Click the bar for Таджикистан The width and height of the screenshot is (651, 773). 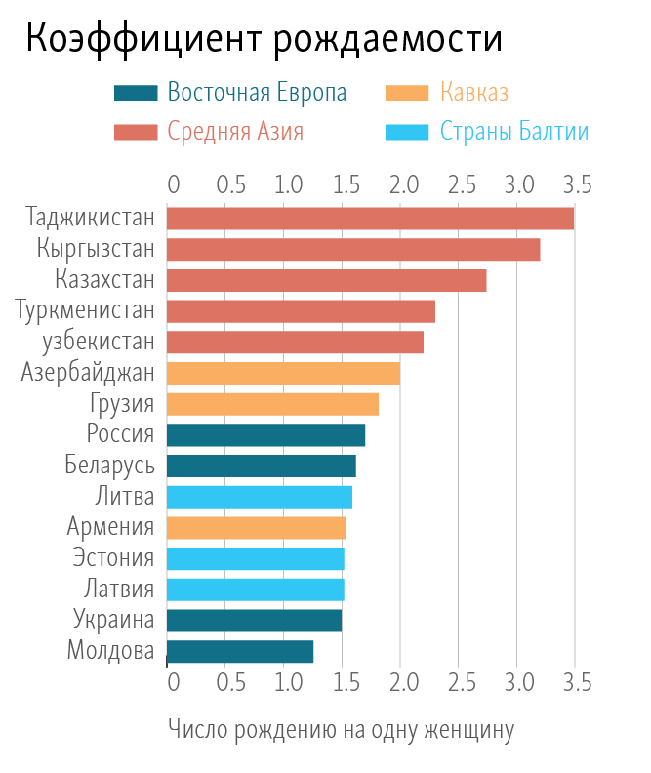(371, 219)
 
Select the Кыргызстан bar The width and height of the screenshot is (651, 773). (353, 250)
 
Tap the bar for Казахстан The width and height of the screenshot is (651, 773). (327, 281)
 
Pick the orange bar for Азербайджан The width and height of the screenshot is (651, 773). (283, 373)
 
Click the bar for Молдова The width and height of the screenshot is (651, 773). (240, 651)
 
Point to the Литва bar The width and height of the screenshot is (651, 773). (260, 497)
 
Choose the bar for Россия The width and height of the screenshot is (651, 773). (266, 434)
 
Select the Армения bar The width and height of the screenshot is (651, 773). (256, 528)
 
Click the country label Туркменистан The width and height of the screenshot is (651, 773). (86, 311)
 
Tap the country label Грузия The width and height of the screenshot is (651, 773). (121, 404)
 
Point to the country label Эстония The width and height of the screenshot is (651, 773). (113, 558)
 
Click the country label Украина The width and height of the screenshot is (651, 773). (113, 620)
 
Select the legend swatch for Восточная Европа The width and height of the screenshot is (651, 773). (136, 93)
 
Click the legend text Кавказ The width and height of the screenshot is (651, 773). (474, 93)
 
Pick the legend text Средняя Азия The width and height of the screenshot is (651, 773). (235, 131)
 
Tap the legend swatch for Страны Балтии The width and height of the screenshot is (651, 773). (408, 131)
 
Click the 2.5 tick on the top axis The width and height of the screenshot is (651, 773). (460, 184)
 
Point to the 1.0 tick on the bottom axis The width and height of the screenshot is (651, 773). (284, 681)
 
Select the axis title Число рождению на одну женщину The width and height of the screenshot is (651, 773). (341, 729)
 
